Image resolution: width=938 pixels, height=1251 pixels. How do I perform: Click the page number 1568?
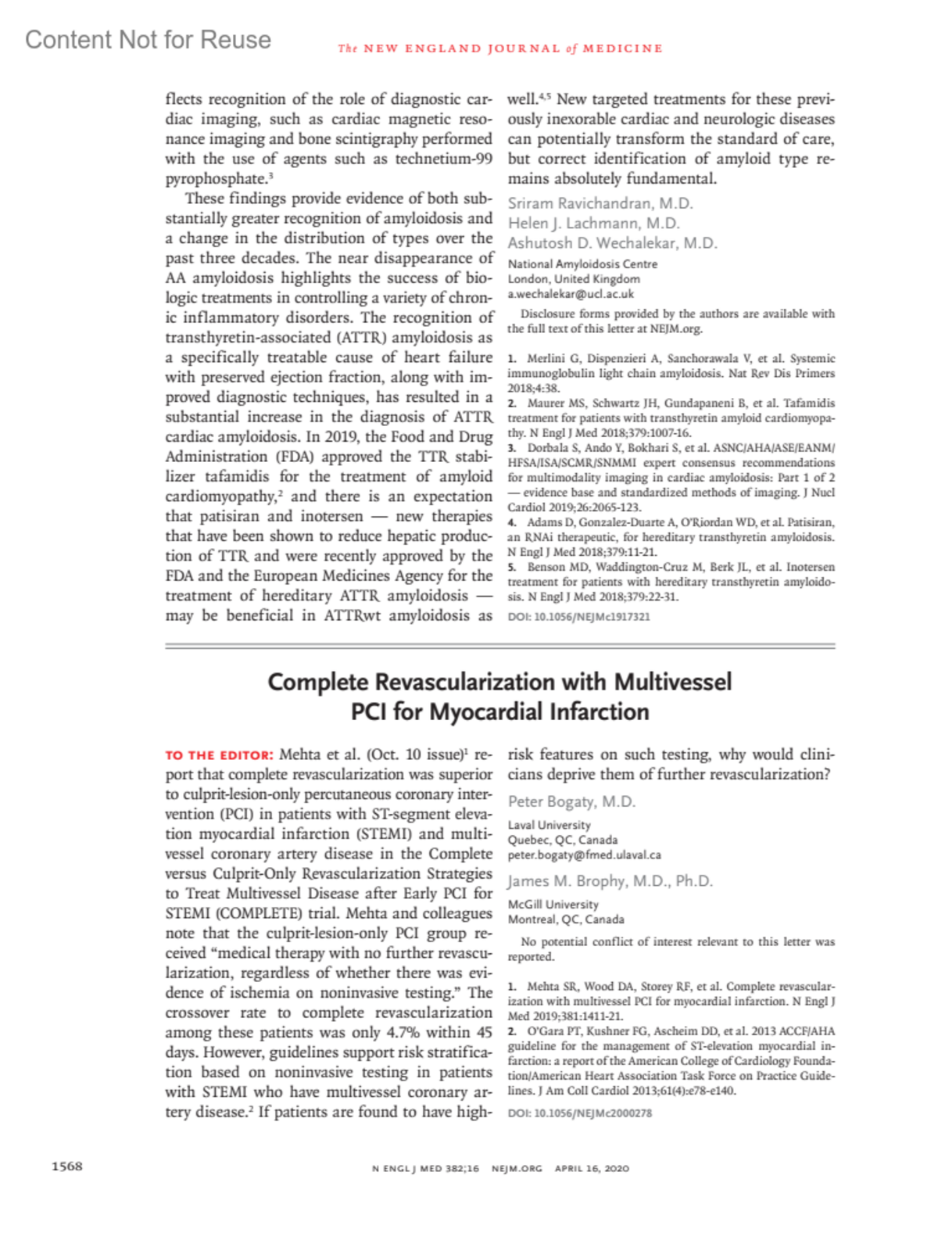tap(66, 1166)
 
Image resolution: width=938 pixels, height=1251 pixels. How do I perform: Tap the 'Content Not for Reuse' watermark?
tap(148, 40)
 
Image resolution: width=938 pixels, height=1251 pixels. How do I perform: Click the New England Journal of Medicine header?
tap(500, 48)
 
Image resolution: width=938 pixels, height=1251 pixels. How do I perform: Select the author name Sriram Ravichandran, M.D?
tap(600, 203)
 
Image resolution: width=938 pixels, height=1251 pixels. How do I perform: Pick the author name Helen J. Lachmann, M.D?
tap(594, 224)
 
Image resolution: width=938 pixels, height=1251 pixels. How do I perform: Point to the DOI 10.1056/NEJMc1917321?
tap(578, 616)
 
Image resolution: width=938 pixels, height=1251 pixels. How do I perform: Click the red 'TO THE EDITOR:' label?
tap(219, 755)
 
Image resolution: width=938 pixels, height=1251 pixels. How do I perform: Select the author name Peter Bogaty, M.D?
tap(571, 801)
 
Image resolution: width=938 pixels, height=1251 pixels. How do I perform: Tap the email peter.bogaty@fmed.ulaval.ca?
tap(584, 855)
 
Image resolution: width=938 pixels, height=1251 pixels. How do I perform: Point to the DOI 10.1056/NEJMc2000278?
tap(579, 1113)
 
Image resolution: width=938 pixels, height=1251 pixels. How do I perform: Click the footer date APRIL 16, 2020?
tap(592, 1168)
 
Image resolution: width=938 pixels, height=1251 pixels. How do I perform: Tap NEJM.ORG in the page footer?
tap(517, 1168)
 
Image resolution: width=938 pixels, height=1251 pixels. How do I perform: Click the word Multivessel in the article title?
tap(673, 682)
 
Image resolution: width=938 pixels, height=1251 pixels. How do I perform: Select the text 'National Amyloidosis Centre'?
tap(582, 264)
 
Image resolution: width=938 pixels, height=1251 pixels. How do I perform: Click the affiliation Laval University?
tap(549, 825)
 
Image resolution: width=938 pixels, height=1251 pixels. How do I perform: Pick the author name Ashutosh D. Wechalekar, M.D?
tap(612, 243)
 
